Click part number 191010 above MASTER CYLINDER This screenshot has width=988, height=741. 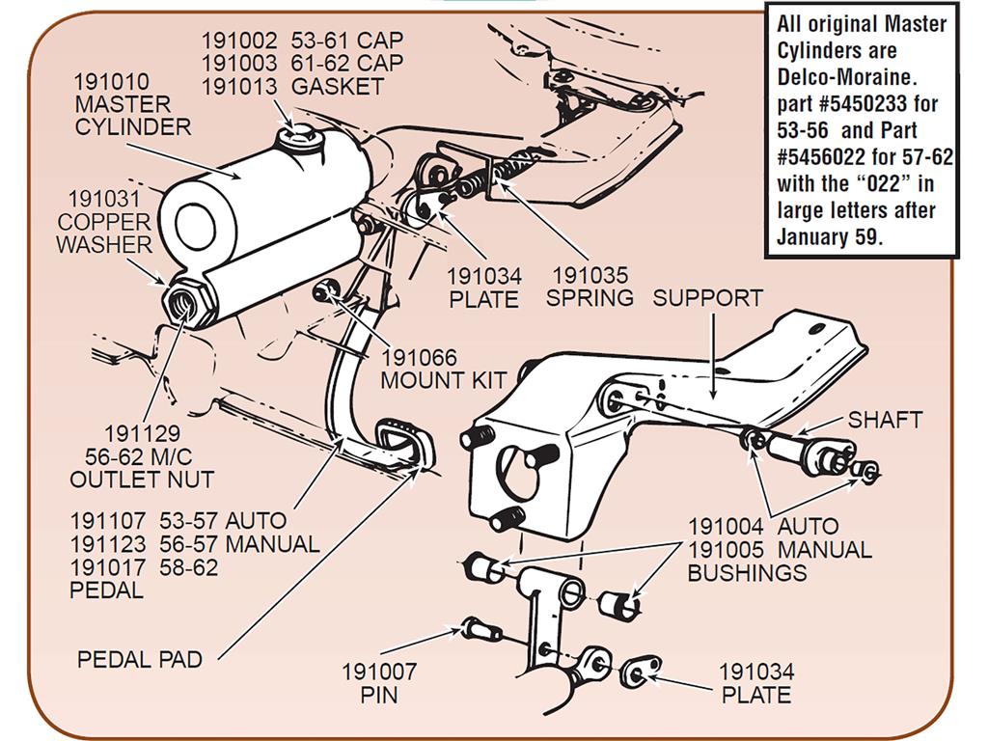tap(112, 81)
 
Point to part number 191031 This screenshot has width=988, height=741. tap(104, 199)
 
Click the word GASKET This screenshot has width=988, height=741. tap(337, 86)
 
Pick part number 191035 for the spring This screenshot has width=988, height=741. tap(590, 275)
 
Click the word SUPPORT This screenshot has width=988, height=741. tap(707, 298)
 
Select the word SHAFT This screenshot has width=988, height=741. tap(885, 420)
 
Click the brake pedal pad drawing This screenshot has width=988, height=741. tap(402, 444)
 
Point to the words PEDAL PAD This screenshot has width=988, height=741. tap(139, 659)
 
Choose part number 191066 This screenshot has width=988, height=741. tap(419, 358)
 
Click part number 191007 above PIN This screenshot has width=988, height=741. tap(378, 672)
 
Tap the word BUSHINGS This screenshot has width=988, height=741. tap(747, 573)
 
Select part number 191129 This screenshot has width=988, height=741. tap(143, 433)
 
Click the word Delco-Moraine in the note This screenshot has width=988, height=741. tap(846, 77)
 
